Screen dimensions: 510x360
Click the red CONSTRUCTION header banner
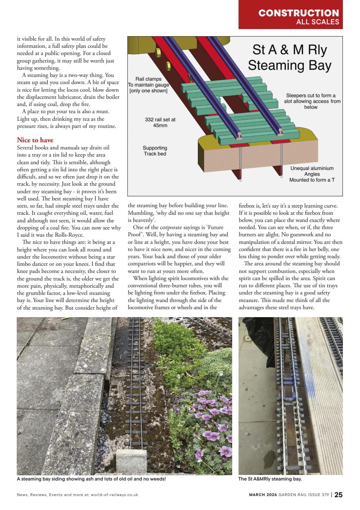[x=290, y=14]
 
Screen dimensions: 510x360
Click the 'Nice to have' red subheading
[x=35, y=140]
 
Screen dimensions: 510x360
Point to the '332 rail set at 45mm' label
[x=160, y=122]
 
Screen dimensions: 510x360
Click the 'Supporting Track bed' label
[x=155, y=151]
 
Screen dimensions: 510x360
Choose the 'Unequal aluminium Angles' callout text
[x=312, y=174]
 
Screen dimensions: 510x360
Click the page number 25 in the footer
[x=338, y=495]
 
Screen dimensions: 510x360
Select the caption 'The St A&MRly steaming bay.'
[x=270, y=479]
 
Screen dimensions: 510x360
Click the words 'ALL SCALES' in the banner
[x=317, y=22]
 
